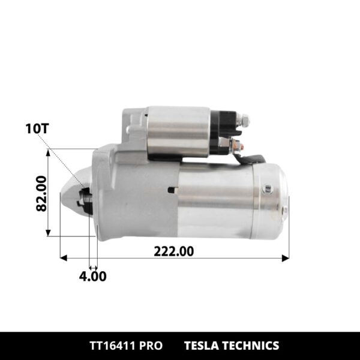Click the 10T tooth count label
click(37, 128)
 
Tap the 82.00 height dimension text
click(41, 193)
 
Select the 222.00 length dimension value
click(174, 251)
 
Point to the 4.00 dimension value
click(93, 276)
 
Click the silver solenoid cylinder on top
click(178, 131)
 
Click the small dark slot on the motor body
click(172, 190)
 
